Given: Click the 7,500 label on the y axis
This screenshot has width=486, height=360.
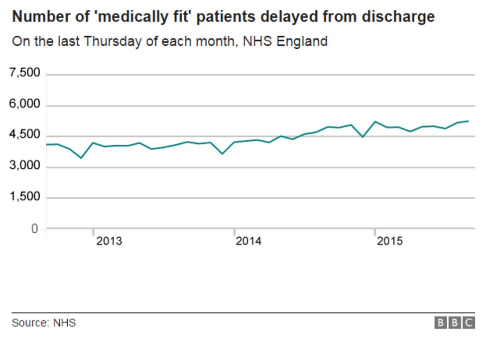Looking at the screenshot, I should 25,74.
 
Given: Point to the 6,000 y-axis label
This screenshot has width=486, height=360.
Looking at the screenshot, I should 25,105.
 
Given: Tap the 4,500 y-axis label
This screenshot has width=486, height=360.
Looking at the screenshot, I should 25,135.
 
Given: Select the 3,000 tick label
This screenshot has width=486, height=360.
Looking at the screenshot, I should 25,167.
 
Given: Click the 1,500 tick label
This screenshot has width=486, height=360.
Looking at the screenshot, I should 25,198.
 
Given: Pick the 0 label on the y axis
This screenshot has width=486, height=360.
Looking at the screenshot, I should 34,229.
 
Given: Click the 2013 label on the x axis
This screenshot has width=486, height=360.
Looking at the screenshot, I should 109,241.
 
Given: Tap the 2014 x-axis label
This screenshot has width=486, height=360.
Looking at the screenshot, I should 248,241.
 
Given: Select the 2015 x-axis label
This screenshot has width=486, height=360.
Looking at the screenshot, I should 389,241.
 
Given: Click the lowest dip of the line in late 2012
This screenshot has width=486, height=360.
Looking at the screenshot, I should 81,158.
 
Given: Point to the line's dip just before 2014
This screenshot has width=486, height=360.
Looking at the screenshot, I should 222,153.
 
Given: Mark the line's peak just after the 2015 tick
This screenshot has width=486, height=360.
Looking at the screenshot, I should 375,121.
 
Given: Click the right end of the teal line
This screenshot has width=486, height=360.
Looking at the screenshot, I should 469,121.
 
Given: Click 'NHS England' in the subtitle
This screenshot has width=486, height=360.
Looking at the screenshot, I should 285,41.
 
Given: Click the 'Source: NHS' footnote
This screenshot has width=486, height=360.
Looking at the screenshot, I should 44,323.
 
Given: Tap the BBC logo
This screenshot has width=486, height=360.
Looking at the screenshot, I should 455,323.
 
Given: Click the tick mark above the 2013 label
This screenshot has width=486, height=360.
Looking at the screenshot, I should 93,233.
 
